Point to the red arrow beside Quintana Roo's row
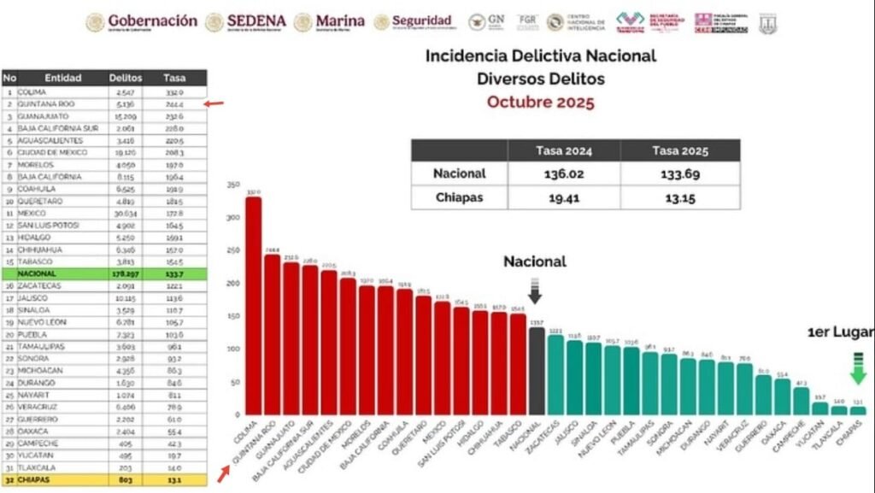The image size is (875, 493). pyautogui.click(x=214, y=103)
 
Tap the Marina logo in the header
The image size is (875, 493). pyautogui.click(x=330, y=21)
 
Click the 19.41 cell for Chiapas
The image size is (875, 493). pyautogui.click(x=563, y=197)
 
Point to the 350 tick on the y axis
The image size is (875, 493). pyautogui.click(x=232, y=185)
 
